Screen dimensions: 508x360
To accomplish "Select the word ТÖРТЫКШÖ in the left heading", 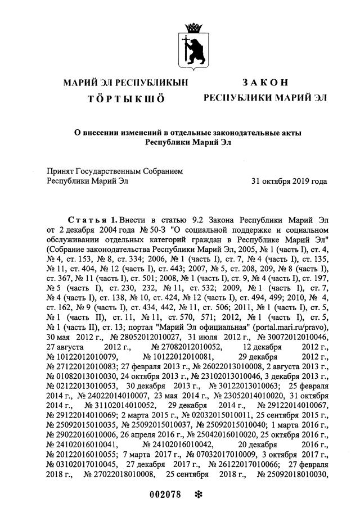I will pyautogui.click(x=126, y=98).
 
